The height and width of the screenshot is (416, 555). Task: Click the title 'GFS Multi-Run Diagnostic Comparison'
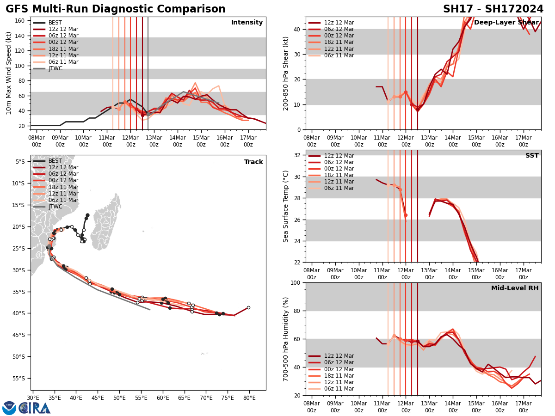coord(116,9)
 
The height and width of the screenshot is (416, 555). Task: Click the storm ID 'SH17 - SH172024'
coord(493,9)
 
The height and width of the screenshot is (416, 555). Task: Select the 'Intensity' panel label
coord(247,23)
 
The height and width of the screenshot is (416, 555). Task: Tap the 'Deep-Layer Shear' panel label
coord(506,23)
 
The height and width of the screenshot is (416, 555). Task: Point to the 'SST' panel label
coord(532,156)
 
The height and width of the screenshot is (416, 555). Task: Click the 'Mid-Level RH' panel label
coord(515,288)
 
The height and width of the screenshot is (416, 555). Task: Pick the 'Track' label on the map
coord(253,162)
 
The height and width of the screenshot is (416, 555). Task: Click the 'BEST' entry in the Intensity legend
coord(55,23)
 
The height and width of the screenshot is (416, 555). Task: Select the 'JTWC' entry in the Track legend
coord(55,207)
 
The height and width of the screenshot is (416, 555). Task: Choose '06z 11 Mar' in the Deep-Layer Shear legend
coord(339,55)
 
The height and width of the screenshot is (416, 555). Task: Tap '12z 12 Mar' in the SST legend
coord(339,156)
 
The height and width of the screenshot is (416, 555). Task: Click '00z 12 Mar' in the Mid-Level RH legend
coord(339,369)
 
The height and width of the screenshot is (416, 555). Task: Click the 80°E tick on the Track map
coord(249,398)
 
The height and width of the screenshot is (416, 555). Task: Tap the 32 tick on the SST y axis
coord(298,155)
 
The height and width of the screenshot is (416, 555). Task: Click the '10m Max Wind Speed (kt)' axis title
coord(8,73)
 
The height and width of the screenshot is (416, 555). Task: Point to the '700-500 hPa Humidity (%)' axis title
coord(286,339)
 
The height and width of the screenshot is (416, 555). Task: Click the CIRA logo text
coord(35,408)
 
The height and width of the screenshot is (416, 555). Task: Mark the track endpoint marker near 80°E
coord(248,307)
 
